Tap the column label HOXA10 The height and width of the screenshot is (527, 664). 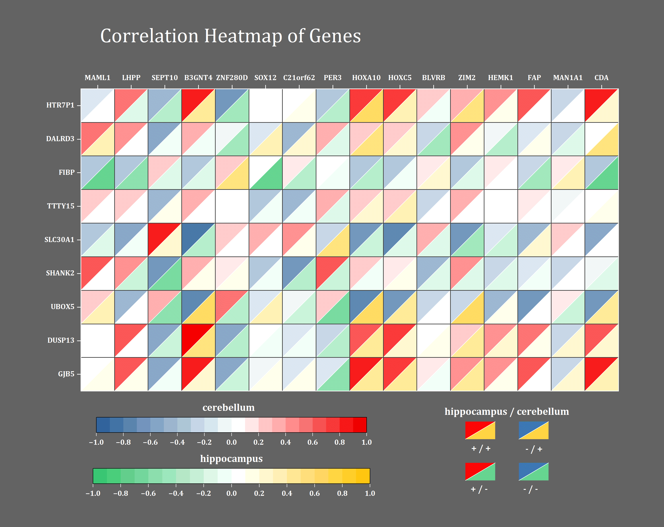(366, 78)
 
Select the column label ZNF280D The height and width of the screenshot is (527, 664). (232, 78)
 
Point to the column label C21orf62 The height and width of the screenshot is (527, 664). (299, 78)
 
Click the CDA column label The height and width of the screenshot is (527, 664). (601, 78)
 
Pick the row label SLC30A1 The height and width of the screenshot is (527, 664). (59, 239)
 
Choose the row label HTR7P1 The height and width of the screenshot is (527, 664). (60, 105)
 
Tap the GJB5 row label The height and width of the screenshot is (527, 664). (66, 374)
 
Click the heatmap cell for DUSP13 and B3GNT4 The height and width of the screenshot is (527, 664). (198, 340)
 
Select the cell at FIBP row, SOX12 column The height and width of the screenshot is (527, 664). (265, 172)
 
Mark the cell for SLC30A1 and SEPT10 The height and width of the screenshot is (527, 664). (165, 239)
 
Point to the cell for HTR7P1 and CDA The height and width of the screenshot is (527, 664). (601, 105)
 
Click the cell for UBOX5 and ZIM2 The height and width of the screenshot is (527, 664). (467, 307)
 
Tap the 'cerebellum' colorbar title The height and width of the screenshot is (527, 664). (228, 408)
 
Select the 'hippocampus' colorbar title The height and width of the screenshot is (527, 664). (231, 459)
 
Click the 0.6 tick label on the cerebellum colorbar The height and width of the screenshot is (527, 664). (313, 442)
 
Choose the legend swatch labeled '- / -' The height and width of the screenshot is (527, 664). (533, 472)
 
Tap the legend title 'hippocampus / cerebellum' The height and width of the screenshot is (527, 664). (507, 412)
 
